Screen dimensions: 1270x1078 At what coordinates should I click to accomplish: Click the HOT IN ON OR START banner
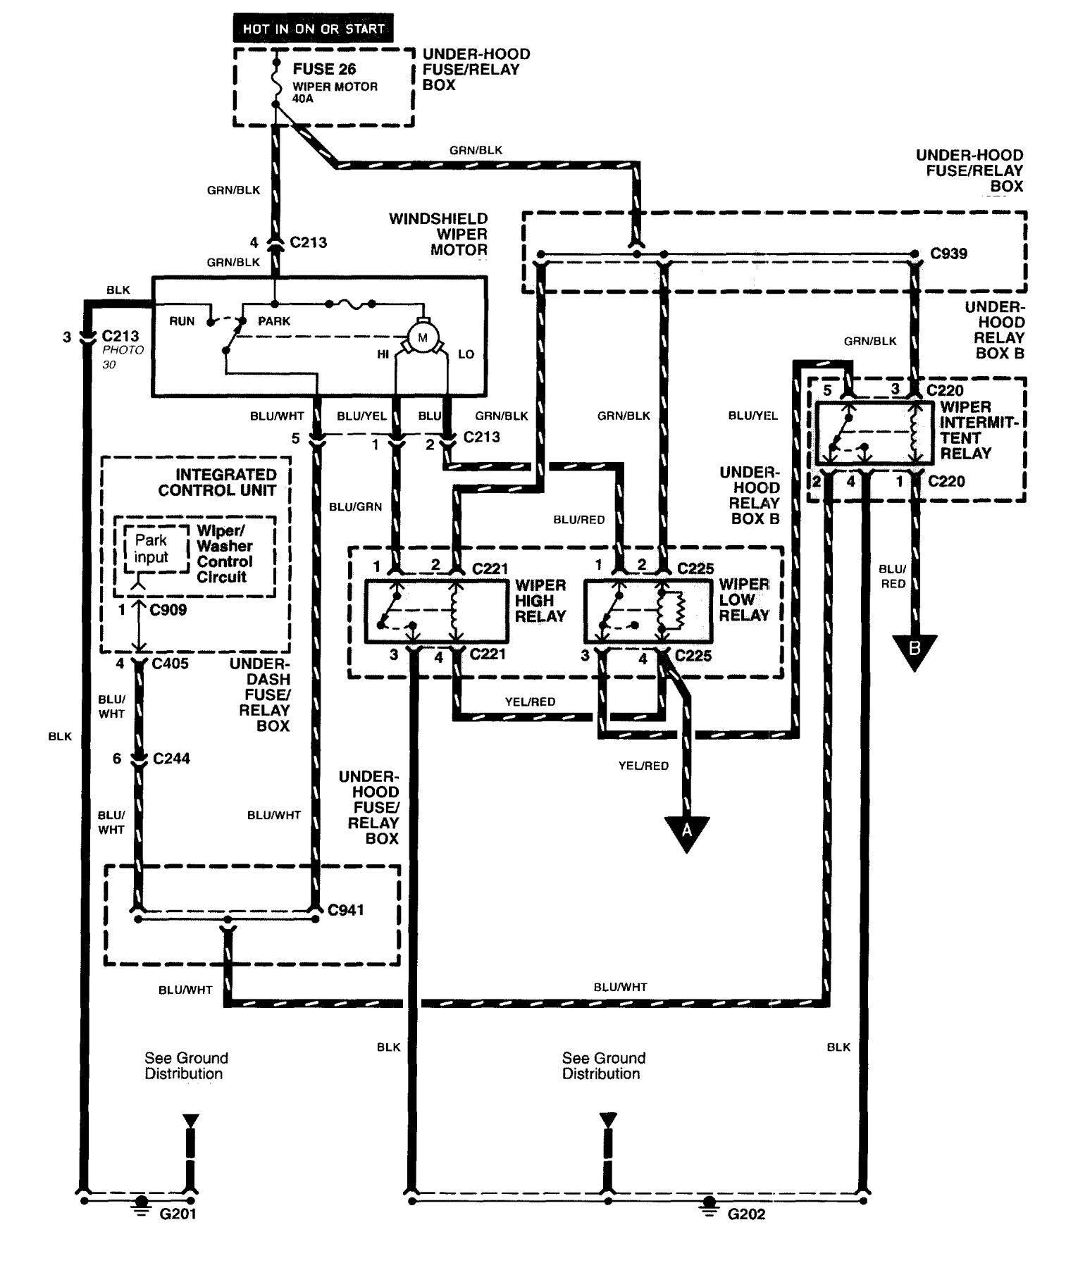[313, 29]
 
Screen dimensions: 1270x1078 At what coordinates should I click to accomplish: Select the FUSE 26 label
[324, 69]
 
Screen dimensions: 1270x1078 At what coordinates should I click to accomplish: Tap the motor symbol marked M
[423, 338]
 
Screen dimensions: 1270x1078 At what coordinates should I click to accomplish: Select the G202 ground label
[746, 1214]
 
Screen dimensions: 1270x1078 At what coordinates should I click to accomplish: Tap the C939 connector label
[948, 254]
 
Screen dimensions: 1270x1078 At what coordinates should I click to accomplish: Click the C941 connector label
[346, 910]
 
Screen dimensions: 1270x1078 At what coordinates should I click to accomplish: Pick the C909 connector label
[168, 610]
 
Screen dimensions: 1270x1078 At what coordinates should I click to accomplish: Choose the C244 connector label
[171, 759]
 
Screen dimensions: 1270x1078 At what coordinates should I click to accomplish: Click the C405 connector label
[170, 664]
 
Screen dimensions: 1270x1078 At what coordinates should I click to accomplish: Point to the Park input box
[151, 549]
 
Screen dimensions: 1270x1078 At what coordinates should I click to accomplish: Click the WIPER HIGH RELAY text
[540, 600]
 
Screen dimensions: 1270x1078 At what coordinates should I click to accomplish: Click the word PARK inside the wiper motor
[274, 321]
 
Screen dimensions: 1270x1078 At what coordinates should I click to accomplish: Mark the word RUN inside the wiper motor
[182, 321]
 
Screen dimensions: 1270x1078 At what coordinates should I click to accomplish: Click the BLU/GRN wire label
[355, 506]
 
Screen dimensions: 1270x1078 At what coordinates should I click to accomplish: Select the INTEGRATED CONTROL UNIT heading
[216, 482]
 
